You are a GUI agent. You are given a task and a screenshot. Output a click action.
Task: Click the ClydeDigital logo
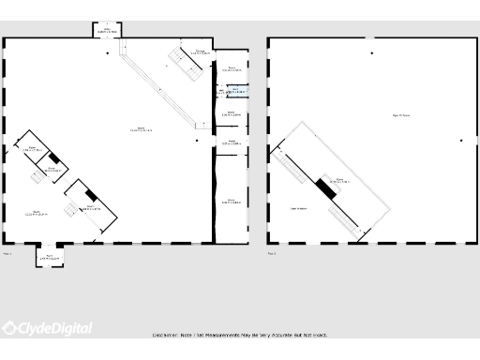click(47, 328)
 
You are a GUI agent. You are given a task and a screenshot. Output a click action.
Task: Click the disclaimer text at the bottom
click(239, 335)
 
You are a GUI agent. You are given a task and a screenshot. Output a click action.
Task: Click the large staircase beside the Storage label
click(178, 60)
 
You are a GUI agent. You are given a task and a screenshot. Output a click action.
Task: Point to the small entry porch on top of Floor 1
click(108, 30)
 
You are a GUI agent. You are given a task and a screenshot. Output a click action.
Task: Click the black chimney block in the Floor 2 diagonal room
click(325, 187)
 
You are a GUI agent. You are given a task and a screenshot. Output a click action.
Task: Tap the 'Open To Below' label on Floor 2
click(401, 115)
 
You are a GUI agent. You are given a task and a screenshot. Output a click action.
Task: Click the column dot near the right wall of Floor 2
click(460, 141)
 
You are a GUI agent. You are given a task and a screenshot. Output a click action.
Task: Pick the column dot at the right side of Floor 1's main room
click(198, 141)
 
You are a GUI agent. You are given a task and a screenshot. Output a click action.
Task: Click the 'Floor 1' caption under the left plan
click(8, 252)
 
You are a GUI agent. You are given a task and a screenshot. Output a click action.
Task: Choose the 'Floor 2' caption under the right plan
click(272, 252)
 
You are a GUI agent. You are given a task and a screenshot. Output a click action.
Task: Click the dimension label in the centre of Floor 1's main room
click(141, 128)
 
